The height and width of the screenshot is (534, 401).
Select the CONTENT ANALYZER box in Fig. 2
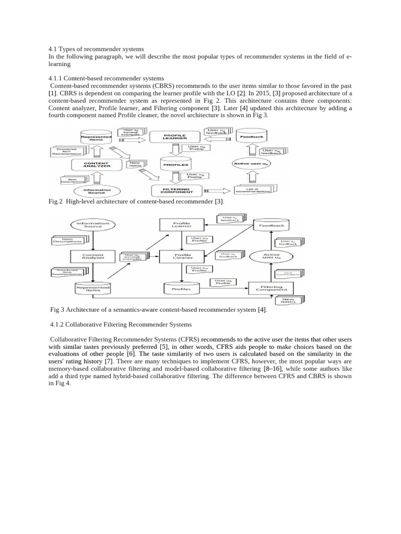pos(97,164)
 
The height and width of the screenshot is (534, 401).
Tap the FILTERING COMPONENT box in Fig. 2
pos(178,190)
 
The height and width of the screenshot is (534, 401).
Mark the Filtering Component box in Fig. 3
pos(271,287)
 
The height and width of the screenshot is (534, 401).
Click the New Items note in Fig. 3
pos(288,300)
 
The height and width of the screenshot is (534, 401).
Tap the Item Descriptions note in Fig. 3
pos(68,240)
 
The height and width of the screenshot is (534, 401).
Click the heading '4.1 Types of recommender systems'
pos(96,49)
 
